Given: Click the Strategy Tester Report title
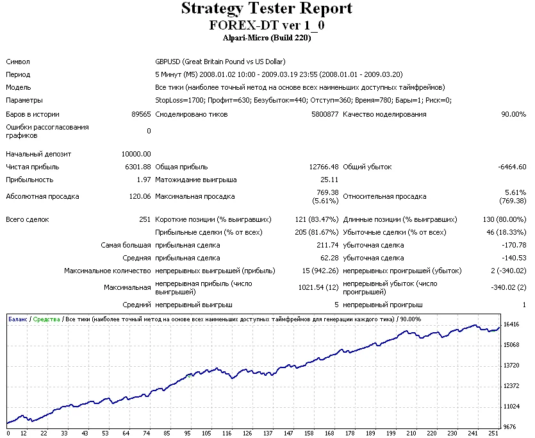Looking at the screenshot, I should (x=267, y=9).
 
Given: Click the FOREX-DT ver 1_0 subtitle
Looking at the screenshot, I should (x=267, y=25).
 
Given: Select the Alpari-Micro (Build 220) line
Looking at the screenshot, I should (x=267, y=38).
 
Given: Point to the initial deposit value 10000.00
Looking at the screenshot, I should (x=136, y=154).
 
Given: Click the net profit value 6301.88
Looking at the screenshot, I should (x=138, y=167).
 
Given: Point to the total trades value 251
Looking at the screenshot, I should (x=145, y=219).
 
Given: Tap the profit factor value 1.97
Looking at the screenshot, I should (x=144, y=180).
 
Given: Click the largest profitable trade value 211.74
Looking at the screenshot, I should (x=327, y=245).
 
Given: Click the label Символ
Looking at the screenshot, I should (x=18, y=62).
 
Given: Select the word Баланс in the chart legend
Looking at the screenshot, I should (x=18, y=319).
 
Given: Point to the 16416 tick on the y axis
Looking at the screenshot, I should (x=511, y=324).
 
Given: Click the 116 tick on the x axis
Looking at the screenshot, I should (x=226, y=433).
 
